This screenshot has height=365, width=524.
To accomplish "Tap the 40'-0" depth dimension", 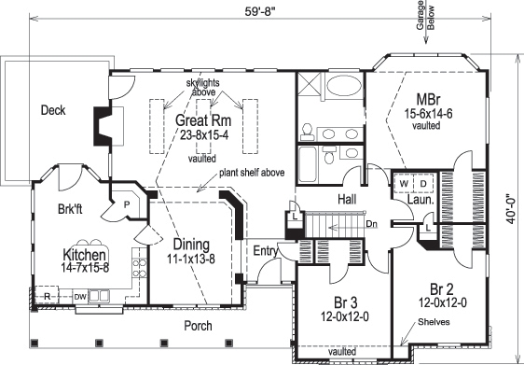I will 512,199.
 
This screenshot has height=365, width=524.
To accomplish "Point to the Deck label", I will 53,110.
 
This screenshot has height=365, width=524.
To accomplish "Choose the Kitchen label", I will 84,254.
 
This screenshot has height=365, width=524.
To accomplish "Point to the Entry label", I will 267,251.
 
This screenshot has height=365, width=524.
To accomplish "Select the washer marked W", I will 403,184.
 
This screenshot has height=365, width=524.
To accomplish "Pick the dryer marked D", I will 421,184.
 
